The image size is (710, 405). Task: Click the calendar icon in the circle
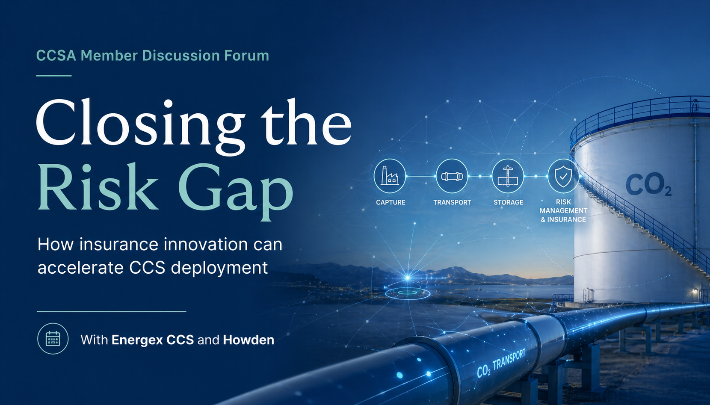[53, 338]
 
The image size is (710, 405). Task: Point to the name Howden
[248, 340]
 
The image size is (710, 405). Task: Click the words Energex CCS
[152, 340]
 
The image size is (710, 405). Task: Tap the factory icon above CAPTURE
[390, 176]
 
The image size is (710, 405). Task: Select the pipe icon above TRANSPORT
[452, 176]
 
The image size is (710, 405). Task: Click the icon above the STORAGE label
[508, 176]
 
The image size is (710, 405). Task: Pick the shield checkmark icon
[563, 176]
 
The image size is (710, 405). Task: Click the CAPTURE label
[390, 202]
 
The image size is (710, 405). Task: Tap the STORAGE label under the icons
[508, 202]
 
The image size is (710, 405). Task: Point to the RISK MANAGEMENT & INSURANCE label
[563, 211]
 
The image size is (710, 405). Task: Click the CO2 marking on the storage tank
[648, 185]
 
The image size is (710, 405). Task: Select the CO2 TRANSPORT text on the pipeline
[501, 363]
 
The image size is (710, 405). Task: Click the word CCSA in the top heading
[56, 56]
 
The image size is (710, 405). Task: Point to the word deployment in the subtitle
[219, 268]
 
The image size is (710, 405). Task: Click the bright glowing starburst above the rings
[408, 278]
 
